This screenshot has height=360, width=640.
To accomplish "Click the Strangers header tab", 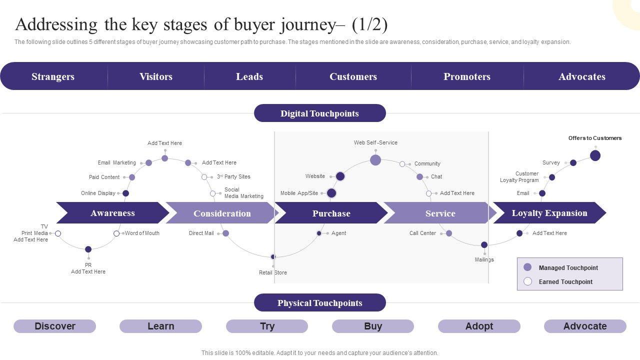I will (53, 76).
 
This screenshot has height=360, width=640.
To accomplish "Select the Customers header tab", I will (353, 76).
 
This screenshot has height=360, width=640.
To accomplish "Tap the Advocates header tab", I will (581, 76).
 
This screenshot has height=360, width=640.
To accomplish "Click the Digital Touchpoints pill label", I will (319, 113).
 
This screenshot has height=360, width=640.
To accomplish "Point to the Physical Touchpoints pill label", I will (319, 303).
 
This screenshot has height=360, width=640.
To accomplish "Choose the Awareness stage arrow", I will (112, 213).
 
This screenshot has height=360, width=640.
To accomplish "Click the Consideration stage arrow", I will (221, 213).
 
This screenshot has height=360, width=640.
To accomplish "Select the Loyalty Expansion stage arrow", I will (549, 213).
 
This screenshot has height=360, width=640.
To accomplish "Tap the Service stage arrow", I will (440, 213).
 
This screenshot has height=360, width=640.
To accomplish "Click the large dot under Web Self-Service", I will (375, 160).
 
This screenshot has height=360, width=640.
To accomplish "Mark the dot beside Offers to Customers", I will (595, 155).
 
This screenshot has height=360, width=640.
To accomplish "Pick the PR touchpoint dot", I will (88, 249).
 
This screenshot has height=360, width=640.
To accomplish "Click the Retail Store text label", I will (273, 272).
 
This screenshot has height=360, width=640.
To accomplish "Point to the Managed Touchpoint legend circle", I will (527, 267).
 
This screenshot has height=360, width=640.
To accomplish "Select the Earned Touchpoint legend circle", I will (527, 281).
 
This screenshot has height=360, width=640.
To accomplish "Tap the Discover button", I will (54, 326).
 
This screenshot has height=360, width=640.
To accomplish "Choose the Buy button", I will (373, 326).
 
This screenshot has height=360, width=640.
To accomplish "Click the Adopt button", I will (479, 326).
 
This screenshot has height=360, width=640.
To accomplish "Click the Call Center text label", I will (422, 233).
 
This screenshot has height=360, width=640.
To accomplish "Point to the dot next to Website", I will (340, 176).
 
